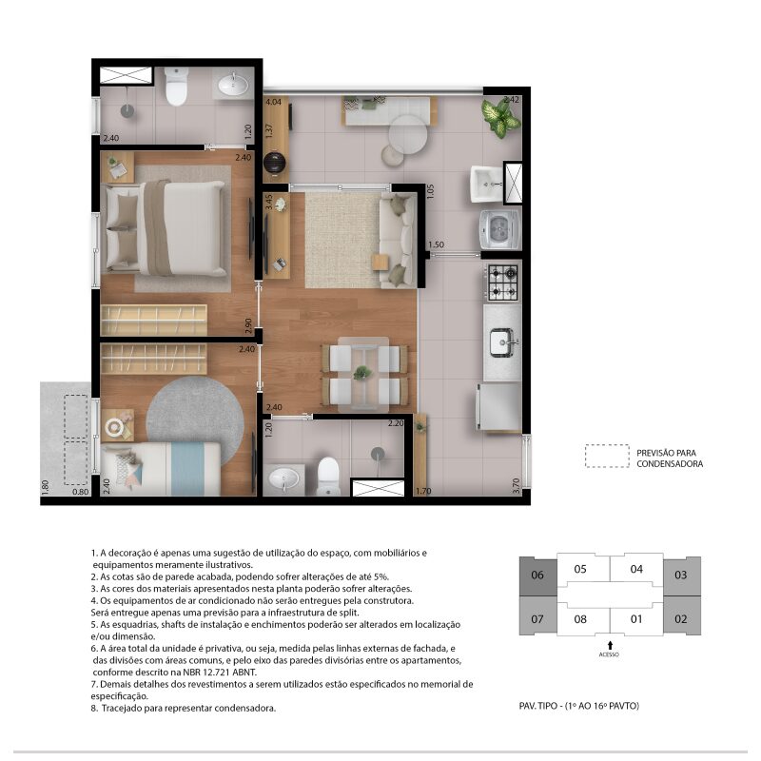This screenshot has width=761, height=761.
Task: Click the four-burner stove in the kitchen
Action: pyautogui.click(x=503, y=282)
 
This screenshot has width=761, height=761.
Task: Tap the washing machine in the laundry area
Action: pyautogui.click(x=500, y=229)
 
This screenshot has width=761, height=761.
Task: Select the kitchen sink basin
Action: pyautogui.click(x=502, y=342)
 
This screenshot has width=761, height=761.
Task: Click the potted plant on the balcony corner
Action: pyautogui.click(x=500, y=117)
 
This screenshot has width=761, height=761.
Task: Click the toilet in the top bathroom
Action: pyautogui.click(x=176, y=86)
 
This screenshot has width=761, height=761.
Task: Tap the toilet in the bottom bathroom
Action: pyautogui.click(x=328, y=477)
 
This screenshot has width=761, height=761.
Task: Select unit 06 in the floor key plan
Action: pyautogui.click(x=537, y=576)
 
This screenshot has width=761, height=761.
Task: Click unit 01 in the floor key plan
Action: pyautogui.click(x=636, y=619)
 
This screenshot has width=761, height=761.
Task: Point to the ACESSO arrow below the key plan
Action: pyautogui.click(x=610, y=646)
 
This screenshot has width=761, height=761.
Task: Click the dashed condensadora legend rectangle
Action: pyautogui.click(x=607, y=457)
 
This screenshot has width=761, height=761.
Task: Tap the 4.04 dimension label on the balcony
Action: pyautogui.click(x=273, y=102)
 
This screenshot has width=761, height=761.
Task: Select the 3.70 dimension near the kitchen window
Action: pyautogui.click(x=516, y=486)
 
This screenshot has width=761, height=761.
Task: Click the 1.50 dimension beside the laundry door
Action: pyautogui.click(x=436, y=244)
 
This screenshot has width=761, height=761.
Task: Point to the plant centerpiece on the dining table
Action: pyautogui.click(x=362, y=373)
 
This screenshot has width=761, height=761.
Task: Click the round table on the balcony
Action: pyautogui.click(x=408, y=135)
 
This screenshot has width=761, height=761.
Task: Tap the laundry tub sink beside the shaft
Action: pyautogui.click(x=487, y=184)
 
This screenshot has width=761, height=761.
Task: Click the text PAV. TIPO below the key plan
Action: pyautogui.click(x=538, y=706)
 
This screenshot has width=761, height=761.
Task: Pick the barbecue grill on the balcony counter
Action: pyautogui.click(x=275, y=163)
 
